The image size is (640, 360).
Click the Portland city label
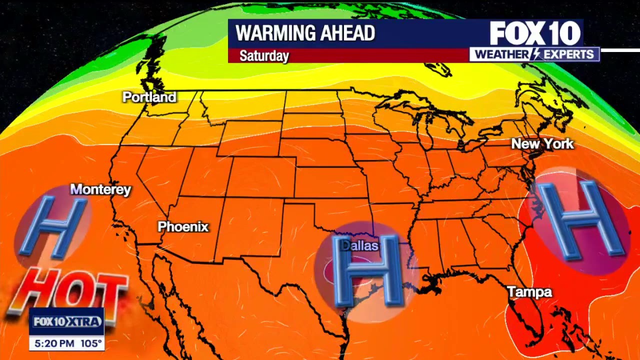149,98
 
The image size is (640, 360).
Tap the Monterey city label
100,189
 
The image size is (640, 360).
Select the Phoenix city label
183,227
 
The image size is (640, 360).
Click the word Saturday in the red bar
264,56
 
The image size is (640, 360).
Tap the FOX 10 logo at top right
534,32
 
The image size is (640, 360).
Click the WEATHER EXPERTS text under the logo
535,54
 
